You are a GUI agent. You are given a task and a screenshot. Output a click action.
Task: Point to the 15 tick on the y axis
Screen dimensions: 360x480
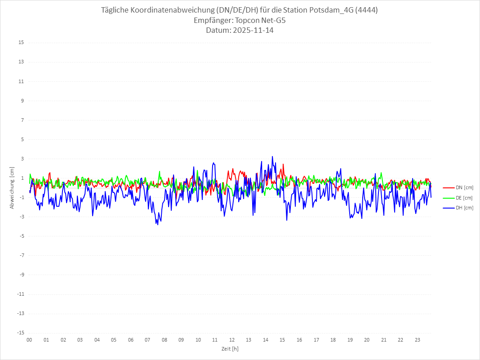[x=21, y=43]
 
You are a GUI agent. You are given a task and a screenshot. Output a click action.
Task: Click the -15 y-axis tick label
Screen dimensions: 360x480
[x=20, y=333]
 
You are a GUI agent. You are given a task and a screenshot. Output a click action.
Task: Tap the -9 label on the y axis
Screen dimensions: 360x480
[x=21, y=275]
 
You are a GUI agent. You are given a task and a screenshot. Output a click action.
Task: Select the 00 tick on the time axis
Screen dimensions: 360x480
[x=29, y=340]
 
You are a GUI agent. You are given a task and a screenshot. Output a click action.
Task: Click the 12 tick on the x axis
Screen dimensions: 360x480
[x=232, y=340]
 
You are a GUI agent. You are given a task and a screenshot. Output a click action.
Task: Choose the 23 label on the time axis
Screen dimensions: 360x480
[x=418, y=340]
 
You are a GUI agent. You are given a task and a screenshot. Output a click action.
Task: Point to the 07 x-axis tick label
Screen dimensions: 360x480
[x=147, y=340]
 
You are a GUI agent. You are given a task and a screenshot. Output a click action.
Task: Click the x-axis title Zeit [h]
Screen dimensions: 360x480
[x=230, y=349]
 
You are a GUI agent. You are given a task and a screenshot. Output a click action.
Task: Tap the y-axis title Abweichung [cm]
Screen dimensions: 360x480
[x=12, y=187]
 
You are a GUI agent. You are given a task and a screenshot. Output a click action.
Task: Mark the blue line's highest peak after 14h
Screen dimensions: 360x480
[x=272, y=156]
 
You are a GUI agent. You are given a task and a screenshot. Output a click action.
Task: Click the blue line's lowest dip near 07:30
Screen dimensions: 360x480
[x=158, y=224]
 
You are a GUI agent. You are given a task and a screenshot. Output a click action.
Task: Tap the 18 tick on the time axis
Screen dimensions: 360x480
[x=333, y=340]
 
